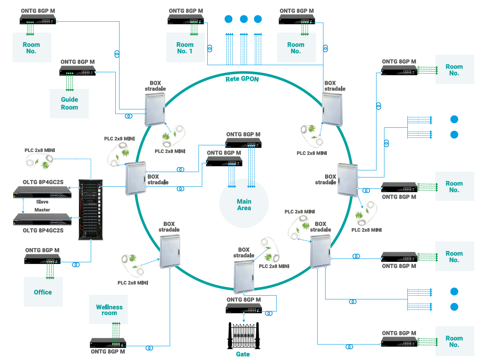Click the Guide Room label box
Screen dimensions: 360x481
(69, 103)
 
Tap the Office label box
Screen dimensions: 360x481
(43, 292)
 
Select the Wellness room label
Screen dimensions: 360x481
(109, 309)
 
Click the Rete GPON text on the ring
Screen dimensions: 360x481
(242, 79)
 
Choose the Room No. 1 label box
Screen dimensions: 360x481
(185, 48)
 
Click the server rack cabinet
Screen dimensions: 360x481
(90, 209)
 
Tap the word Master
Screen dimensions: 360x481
(42, 210)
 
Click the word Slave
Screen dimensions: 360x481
(42, 202)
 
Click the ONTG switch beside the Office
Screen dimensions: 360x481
(42, 259)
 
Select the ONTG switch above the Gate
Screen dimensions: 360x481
(244, 309)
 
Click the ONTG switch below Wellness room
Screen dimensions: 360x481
(108, 342)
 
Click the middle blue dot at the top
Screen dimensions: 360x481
(244, 19)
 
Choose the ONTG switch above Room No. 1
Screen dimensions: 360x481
(186, 19)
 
